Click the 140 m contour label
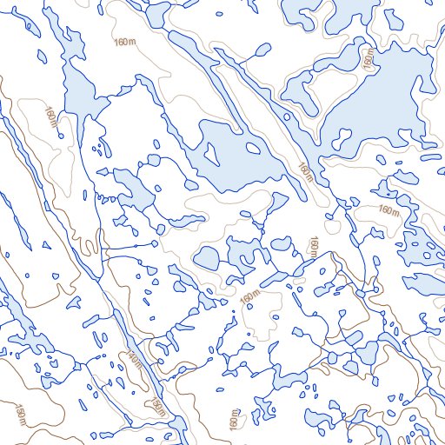tap(132, 358)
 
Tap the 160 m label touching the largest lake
tap(369, 59)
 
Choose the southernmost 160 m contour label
tap(233, 418)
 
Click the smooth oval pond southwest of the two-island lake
tap(206, 257)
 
